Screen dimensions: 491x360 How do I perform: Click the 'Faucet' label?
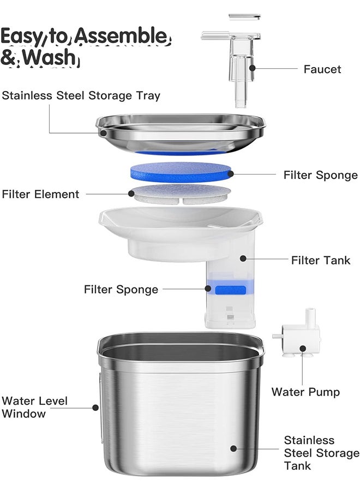[322, 69]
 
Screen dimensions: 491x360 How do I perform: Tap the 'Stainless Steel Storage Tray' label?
[81, 96]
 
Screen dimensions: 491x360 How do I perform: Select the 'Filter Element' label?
[40, 194]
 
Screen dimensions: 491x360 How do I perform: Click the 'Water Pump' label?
[305, 392]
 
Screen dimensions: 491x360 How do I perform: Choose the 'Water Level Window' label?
[34, 408]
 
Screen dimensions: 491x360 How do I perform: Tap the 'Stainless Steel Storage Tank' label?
[321, 453]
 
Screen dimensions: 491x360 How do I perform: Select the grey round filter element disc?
[180, 193]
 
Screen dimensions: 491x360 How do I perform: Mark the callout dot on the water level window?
[95, 407]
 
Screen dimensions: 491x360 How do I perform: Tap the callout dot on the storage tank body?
[233, 448]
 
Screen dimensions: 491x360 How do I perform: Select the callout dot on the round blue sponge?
[231, 174]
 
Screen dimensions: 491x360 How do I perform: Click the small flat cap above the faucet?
[244, 16]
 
